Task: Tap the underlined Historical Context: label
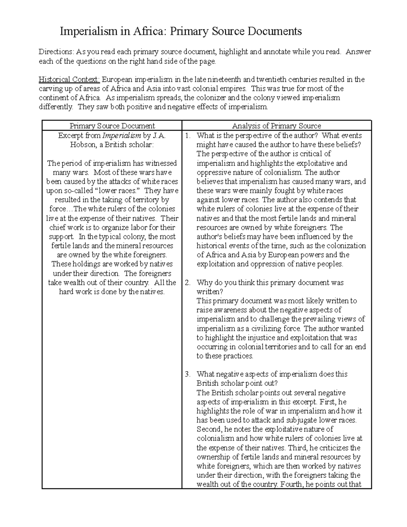[x=70, y=80]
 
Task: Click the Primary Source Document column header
[x=112, y=126]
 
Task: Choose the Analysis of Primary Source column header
[x=276, y=126]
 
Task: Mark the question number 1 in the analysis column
[x=187, y=136]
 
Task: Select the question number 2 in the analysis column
[x=187, y=283]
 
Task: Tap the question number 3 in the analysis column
[x=187, y=374]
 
